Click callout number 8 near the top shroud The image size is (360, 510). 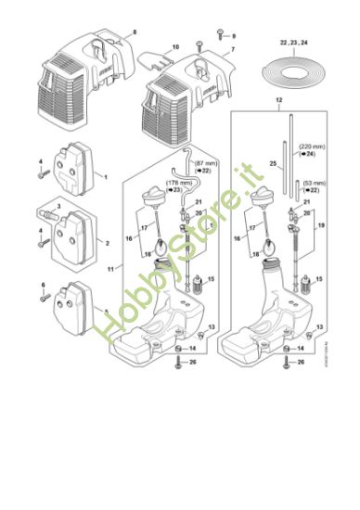tap(134, 32)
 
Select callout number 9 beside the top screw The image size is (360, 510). tap(234, 35)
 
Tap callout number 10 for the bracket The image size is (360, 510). tap(174, 46)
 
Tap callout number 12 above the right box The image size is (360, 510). tap(278, 98)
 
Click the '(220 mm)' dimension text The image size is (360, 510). tap(311, 147)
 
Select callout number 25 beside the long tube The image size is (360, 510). tap(273, 164)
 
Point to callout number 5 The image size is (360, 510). tap(107, 312)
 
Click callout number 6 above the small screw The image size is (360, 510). tap(42, 284)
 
